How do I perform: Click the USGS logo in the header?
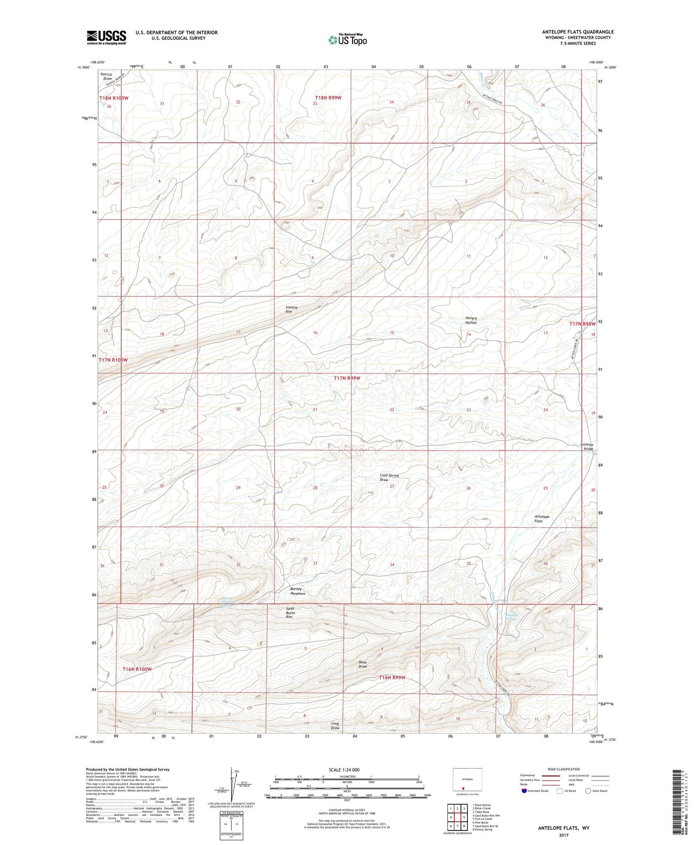[106, 37]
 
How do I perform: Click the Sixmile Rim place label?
[292, 309]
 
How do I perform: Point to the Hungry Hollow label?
[471, 320]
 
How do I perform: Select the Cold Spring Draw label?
[389, 477]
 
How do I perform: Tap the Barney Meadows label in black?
[297, 591]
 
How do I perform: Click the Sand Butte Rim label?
[290, 612]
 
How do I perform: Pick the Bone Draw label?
[363, 664]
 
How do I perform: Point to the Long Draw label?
[335, 725]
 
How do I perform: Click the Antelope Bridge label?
[588, 447]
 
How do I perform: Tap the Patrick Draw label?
[106, 76]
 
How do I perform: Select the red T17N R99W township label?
[347, 378]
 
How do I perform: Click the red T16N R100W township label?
[137, 669]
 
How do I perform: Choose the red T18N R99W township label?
[327, 98]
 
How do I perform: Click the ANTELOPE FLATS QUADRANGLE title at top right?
[578, 32]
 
